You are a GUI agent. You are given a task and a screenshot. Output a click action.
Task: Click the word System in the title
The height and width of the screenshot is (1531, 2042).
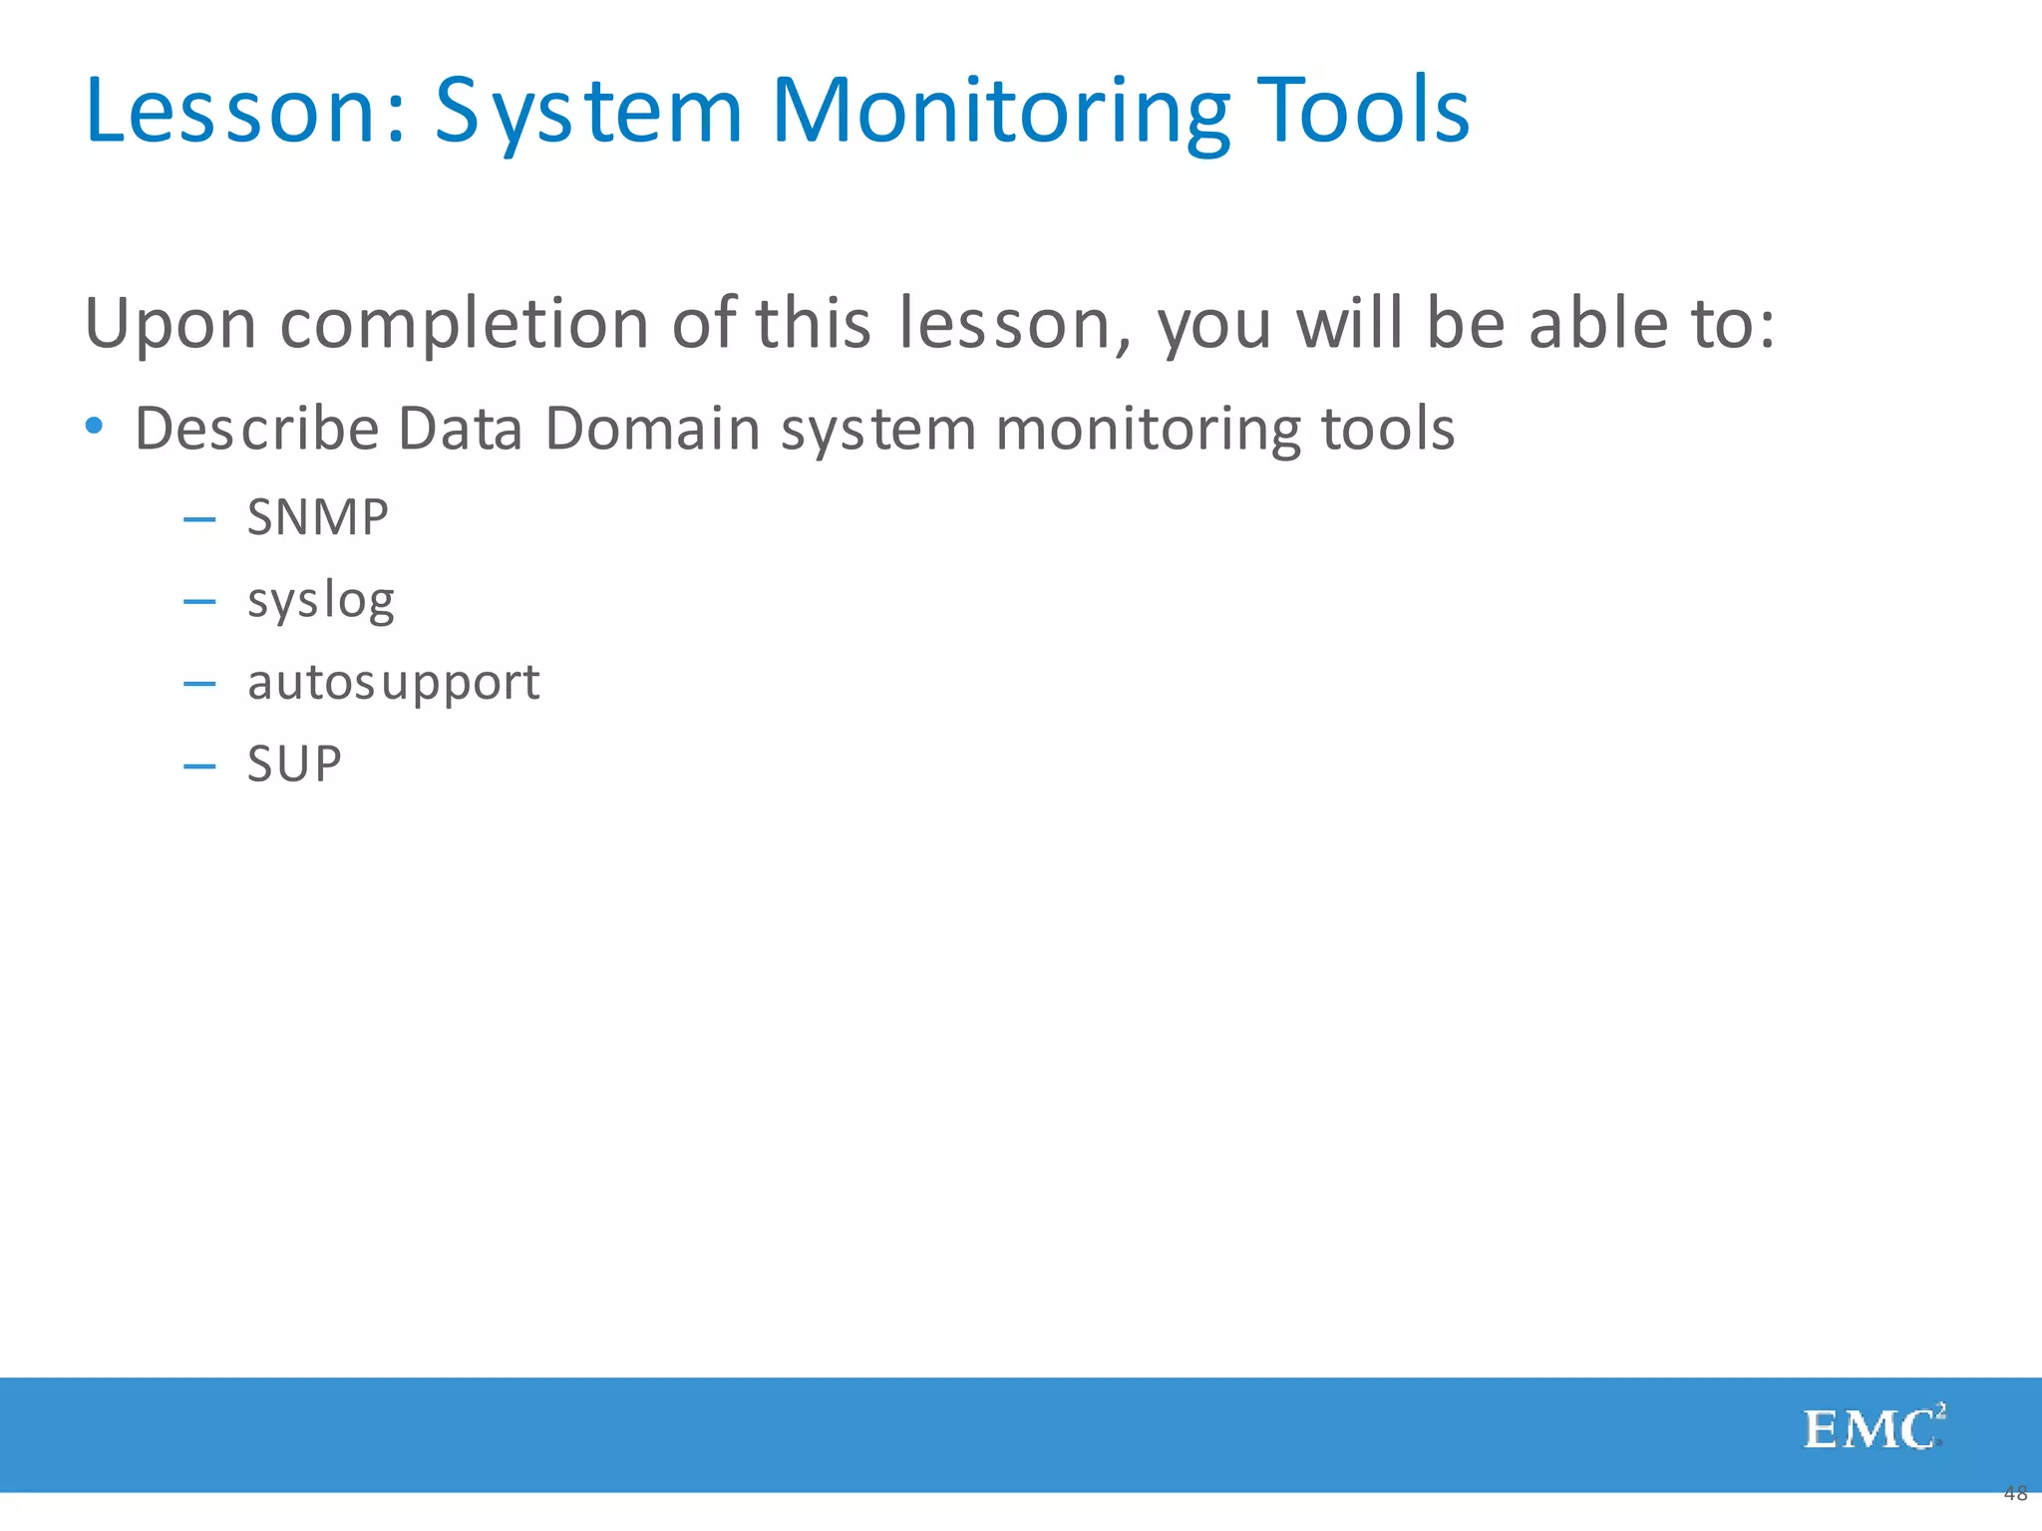[x=588, y=112]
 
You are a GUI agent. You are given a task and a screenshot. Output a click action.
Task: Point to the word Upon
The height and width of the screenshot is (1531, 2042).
[x=170, y=325]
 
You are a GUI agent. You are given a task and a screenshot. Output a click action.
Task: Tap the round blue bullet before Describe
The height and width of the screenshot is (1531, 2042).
[x=95, y=427]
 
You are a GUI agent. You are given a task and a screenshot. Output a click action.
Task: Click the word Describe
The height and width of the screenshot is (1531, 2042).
[x=257, y=429]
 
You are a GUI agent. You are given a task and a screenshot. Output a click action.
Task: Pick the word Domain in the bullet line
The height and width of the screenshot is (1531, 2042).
[x=652, y=429]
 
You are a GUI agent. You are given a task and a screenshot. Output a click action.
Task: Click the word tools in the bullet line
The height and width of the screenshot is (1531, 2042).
[x=1388, y=429]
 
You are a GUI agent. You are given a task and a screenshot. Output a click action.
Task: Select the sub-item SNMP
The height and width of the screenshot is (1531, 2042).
[x=317, y=517]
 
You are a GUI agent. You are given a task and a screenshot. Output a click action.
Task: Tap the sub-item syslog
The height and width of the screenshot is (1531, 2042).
[x=320, y=602]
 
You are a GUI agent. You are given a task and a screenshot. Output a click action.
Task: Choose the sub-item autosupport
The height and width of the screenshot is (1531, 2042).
[x=393, y=684]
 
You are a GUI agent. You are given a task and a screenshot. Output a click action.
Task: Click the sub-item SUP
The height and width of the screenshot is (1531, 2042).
[x=294, y=765]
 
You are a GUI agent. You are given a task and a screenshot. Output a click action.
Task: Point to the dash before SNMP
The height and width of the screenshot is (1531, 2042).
[x=199, y=519]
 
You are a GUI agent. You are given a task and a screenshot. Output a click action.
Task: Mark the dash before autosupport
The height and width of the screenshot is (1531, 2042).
[x=199, y=684]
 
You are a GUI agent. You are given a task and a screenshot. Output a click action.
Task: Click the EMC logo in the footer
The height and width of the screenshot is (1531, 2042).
[x=1872, y=1429]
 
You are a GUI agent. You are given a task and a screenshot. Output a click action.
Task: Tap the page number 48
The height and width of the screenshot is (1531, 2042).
[x=2015, y=1493]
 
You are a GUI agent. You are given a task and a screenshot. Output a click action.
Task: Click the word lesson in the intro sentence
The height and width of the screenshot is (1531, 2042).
[x=1012, y=323]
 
